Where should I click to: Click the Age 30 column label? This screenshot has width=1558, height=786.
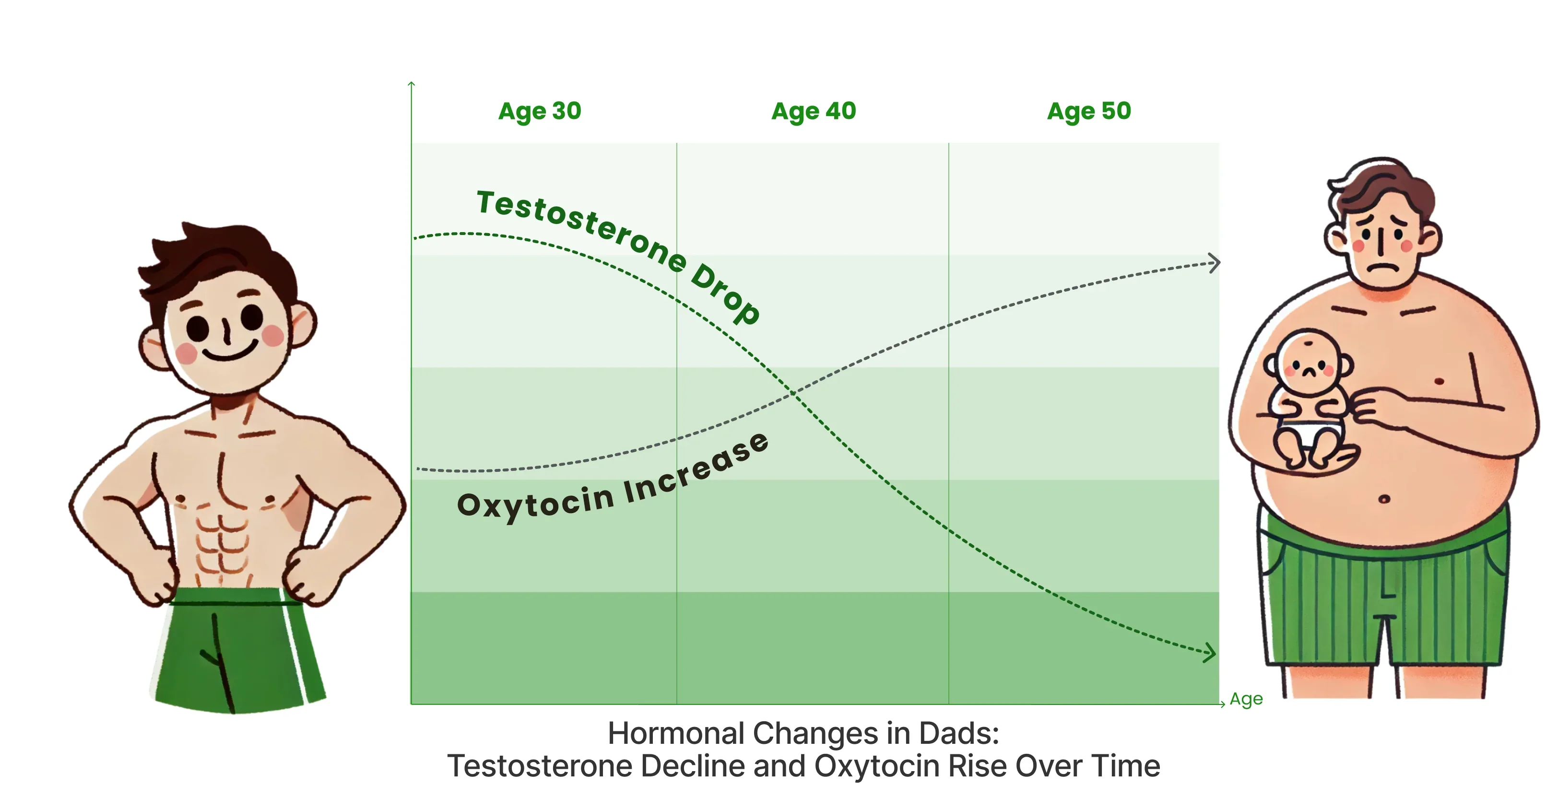tap(540, 112)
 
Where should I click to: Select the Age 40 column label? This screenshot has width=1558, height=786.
tap(814, 112)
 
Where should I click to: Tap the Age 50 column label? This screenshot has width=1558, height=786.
tap(1089, 112)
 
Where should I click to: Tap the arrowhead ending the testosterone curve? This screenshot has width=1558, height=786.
tap(1210, 652)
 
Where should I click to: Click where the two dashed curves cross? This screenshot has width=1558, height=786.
tap(793, 393)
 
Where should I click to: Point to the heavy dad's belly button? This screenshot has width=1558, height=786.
tap(1384, 499)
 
